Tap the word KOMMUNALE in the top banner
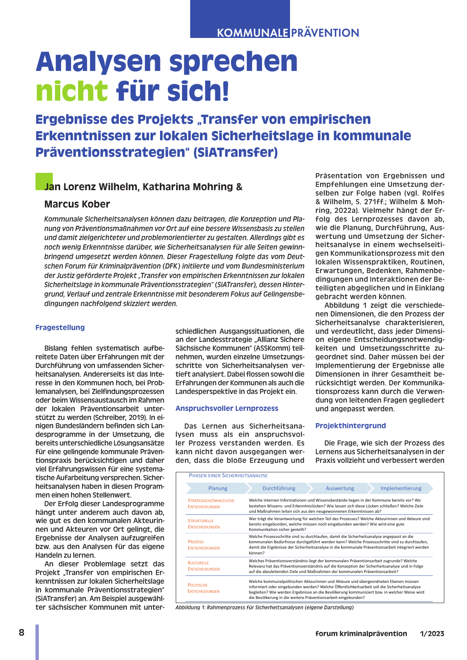coord(252,33)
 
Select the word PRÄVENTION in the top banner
coord(325,33)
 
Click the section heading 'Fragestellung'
coord(60,328)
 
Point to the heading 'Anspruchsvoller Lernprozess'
coord(227,408)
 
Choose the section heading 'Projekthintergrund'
coord(351,426)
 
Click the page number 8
coord(21,633)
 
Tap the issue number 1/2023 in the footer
coord(432,634)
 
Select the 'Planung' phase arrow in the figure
coord(218,488)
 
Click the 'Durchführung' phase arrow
coord(279,488)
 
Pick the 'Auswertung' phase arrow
coord(340,488)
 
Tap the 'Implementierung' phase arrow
coord(401,488)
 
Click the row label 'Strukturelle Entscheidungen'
coord(204,524)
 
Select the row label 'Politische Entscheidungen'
coord(204,588)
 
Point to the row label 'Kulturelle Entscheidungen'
coord(204,566)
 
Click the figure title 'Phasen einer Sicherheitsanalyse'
coord(228,476)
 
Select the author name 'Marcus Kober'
coord(77,204)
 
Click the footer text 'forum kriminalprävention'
coord(361,634)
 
